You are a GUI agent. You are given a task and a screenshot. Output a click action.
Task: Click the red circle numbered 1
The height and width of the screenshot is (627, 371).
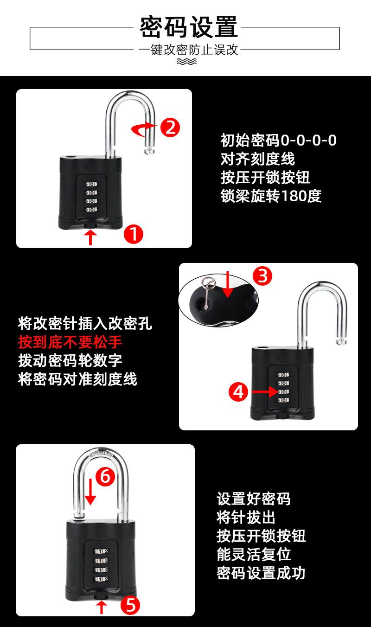133,235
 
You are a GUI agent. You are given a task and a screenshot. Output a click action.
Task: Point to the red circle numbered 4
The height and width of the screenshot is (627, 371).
238,392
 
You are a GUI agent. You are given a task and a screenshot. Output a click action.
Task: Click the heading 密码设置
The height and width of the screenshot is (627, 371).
189,27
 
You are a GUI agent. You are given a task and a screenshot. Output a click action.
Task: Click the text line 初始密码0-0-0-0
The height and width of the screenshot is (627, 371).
278,140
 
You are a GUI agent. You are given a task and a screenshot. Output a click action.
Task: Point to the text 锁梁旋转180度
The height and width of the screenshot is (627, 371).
271,196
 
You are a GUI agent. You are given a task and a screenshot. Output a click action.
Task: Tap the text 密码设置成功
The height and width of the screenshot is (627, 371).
261,573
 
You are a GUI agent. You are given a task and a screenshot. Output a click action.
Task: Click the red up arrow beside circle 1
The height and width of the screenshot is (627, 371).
91,238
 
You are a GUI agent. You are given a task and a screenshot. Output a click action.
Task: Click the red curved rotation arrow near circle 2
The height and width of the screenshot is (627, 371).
144,130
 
